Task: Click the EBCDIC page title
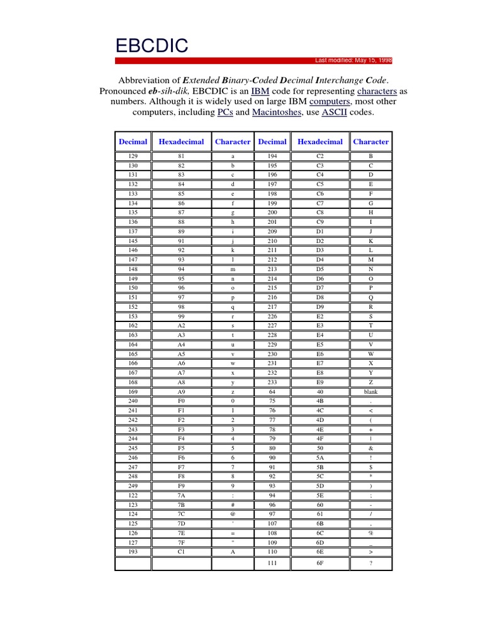(x=151, y=45)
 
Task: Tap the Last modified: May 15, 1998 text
(x=353, y=60)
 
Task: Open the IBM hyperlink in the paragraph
(x=260, y=91)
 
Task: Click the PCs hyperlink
(x=226, y=113)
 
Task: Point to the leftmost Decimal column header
(x=133, y=142)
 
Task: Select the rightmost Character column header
(x=370, y=142)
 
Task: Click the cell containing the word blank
(x=370, y=391)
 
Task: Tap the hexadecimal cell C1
(x=181, y=552)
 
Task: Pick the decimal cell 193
(x=133, y=552)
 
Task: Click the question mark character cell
(x=370, y=563)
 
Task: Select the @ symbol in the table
(x=233, y=514)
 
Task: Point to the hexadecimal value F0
(x=181, y=401)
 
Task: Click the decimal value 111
(x=272, y=563)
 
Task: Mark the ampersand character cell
(x=370, y=448)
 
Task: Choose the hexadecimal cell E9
(x=320, y=382)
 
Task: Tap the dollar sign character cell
(x=370, y=467)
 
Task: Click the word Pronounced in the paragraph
(x=123, y=91)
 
